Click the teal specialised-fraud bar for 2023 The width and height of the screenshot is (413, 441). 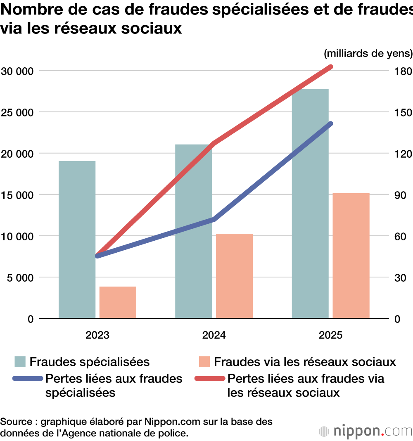pyautogui.click(x=77, y=239)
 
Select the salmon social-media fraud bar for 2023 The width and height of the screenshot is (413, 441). pyautogui.click(x=118, y=302)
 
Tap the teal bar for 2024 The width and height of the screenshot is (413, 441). pyautogui.click(x=193, y=231)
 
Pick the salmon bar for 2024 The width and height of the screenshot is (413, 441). pyautogui.click(x=234, y=276)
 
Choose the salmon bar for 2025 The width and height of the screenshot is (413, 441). pyautogui.click(x=351, y=256)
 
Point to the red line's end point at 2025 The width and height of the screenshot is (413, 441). pyautogui.click(x=330, y=66)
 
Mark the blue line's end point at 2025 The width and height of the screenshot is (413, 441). pyautogui.click(x=330, y=123)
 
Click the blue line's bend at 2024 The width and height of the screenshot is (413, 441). pyautogui.click(x=214, y=219)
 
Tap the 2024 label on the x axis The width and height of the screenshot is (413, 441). pyautogui.click(x=214, y=335)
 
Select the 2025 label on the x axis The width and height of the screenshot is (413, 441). pyautogui.click(x=330, y=335)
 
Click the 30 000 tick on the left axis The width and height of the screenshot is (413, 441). pyautogui.click(x=17, y=71)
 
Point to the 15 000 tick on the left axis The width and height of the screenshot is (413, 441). pyautogui.click(x=17, y=195)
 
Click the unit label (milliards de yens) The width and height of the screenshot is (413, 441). pyautogui.click(x=368, y=54)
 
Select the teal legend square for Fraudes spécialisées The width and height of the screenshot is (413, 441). pyautogui.click(x=20, y=362)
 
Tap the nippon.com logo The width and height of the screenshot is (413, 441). pyautogui.click(x=366, y=431)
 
